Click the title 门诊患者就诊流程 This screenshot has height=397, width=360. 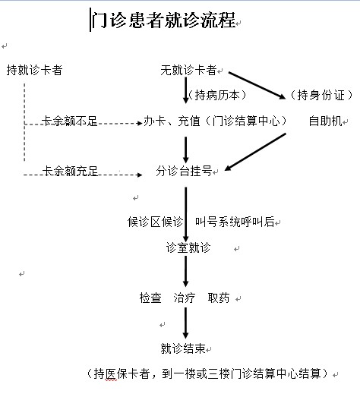[163, 20]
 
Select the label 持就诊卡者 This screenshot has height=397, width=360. [34, 70]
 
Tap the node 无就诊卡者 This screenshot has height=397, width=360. [188, 70]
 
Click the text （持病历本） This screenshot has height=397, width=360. [217, 95]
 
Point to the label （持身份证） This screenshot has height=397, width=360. [321, 95]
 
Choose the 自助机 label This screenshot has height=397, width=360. [326, 121]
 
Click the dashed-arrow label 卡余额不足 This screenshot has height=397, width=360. [70, 121]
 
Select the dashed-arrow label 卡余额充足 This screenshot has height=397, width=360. [70, 171]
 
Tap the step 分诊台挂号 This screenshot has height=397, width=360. [184, 171]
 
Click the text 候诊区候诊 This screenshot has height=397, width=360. [155, 222]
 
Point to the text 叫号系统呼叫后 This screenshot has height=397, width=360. [235, 222]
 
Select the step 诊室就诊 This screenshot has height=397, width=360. [188, 247]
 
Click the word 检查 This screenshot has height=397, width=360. [150, 298]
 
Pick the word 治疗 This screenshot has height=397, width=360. [185, 298]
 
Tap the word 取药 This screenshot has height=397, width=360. [219, 298]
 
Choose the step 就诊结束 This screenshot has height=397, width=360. [183, 348]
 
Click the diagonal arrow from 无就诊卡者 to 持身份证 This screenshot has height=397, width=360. [257, 86]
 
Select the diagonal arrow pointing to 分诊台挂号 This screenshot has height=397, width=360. [255, 152]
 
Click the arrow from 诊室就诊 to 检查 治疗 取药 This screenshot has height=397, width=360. [186, 271]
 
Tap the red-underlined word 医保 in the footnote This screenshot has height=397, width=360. [111, 373]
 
